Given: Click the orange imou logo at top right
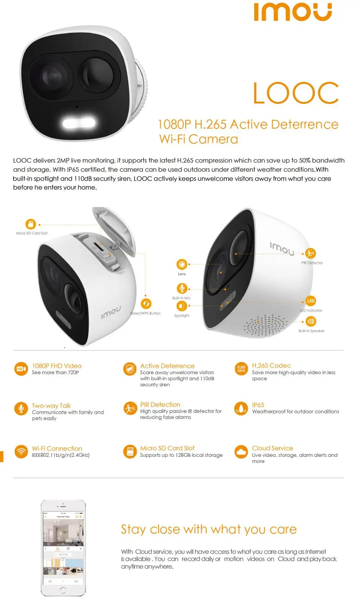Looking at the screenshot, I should point(293,12).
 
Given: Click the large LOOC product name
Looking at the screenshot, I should point(296,93).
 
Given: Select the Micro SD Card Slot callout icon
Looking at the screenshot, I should point(31,224).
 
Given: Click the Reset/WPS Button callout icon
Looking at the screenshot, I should point(146,304).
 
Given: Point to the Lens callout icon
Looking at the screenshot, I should point(182,264).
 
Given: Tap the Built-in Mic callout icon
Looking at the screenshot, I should point(182,288).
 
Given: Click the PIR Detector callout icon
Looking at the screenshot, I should point(311,253).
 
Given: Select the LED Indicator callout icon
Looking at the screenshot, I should point(311,301).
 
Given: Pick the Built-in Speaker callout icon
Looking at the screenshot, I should point(311,321).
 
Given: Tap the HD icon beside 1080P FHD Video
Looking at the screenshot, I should point(20,369).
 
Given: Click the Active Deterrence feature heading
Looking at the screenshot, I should point(167,366).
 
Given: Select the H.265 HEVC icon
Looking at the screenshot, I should point(241,369).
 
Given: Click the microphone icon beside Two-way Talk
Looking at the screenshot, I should point(20,409).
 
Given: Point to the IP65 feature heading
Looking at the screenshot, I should point(258,405).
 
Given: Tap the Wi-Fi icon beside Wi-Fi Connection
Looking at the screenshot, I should point(20,452).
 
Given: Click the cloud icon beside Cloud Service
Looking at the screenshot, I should point(241,452).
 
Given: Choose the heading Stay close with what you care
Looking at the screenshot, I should point(209,530).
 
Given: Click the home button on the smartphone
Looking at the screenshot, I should point(63,589).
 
